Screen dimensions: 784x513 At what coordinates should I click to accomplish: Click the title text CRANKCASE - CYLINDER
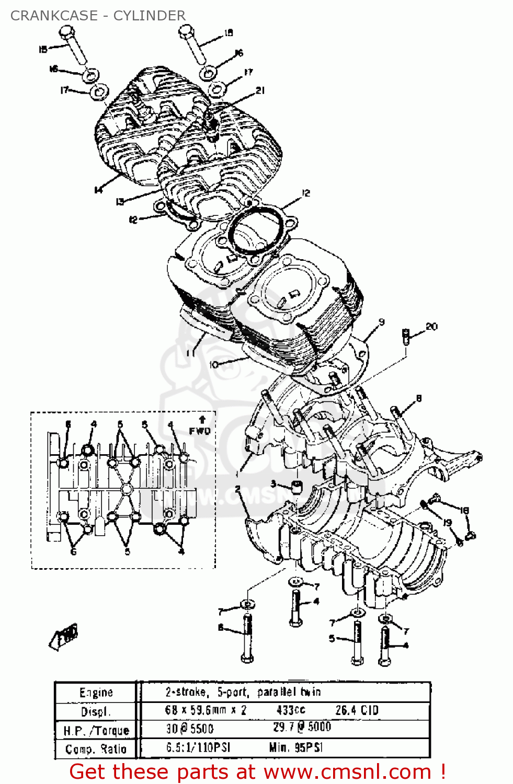(98, 16)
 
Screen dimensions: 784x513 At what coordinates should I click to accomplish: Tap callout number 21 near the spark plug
(260, 90)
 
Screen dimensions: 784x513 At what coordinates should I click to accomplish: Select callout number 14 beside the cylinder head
(98, 190)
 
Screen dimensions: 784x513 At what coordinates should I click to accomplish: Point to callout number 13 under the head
(120, 201)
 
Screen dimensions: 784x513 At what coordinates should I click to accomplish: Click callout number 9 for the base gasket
(381, 322)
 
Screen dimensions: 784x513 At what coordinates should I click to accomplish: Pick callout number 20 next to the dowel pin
(431, 327)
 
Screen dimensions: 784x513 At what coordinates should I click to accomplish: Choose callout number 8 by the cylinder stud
(418, 399)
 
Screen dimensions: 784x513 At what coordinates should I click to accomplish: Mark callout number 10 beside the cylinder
(213, 364)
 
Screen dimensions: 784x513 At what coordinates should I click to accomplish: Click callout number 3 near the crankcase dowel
(273, 484)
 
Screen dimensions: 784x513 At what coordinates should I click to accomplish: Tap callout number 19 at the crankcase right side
(447, 522)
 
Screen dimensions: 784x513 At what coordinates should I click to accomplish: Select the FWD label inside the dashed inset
(199, 431)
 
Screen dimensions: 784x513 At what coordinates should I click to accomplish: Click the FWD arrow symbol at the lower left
(65, 637)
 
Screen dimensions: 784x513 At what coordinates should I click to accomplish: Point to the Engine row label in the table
(96, 693)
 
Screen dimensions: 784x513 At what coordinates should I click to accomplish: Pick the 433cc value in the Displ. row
(291, 710)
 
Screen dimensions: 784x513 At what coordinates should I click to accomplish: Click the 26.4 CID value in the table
(357, 710)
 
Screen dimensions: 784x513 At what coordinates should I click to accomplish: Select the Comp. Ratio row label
(96, 749)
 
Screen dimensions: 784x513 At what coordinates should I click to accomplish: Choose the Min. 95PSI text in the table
(295, 747)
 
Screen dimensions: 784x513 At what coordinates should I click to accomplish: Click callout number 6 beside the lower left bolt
(221, 627)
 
